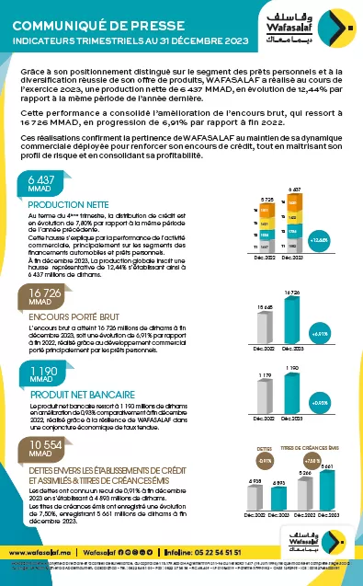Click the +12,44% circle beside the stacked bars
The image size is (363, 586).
(321, 241)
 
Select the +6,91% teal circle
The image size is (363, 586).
(321, 334)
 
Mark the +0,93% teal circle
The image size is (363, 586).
(321, 403)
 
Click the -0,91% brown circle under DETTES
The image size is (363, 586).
(265, 459)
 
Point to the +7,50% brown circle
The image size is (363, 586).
(312, 459)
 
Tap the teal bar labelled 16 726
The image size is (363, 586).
(291, 318)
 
